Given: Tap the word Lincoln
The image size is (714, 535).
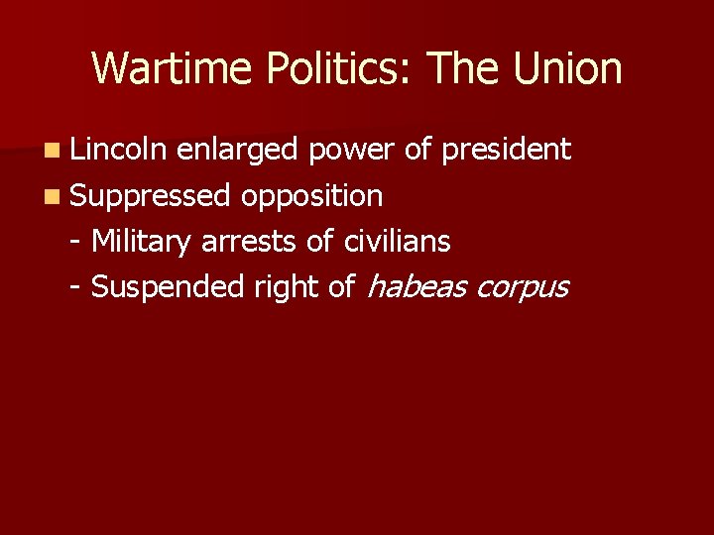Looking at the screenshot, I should coord(118,150).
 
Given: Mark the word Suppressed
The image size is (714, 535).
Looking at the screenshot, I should coord(151,196).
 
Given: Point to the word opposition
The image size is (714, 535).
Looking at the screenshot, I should coord(311,196).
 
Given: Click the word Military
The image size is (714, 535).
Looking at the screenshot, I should coord(142,241).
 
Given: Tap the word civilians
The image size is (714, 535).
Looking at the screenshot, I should coord(397,241).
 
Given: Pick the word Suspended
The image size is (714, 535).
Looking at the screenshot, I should coord(168,286).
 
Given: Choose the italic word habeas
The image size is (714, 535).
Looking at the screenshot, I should coord(416,286).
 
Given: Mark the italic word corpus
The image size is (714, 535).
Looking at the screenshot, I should coord(523,288).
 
